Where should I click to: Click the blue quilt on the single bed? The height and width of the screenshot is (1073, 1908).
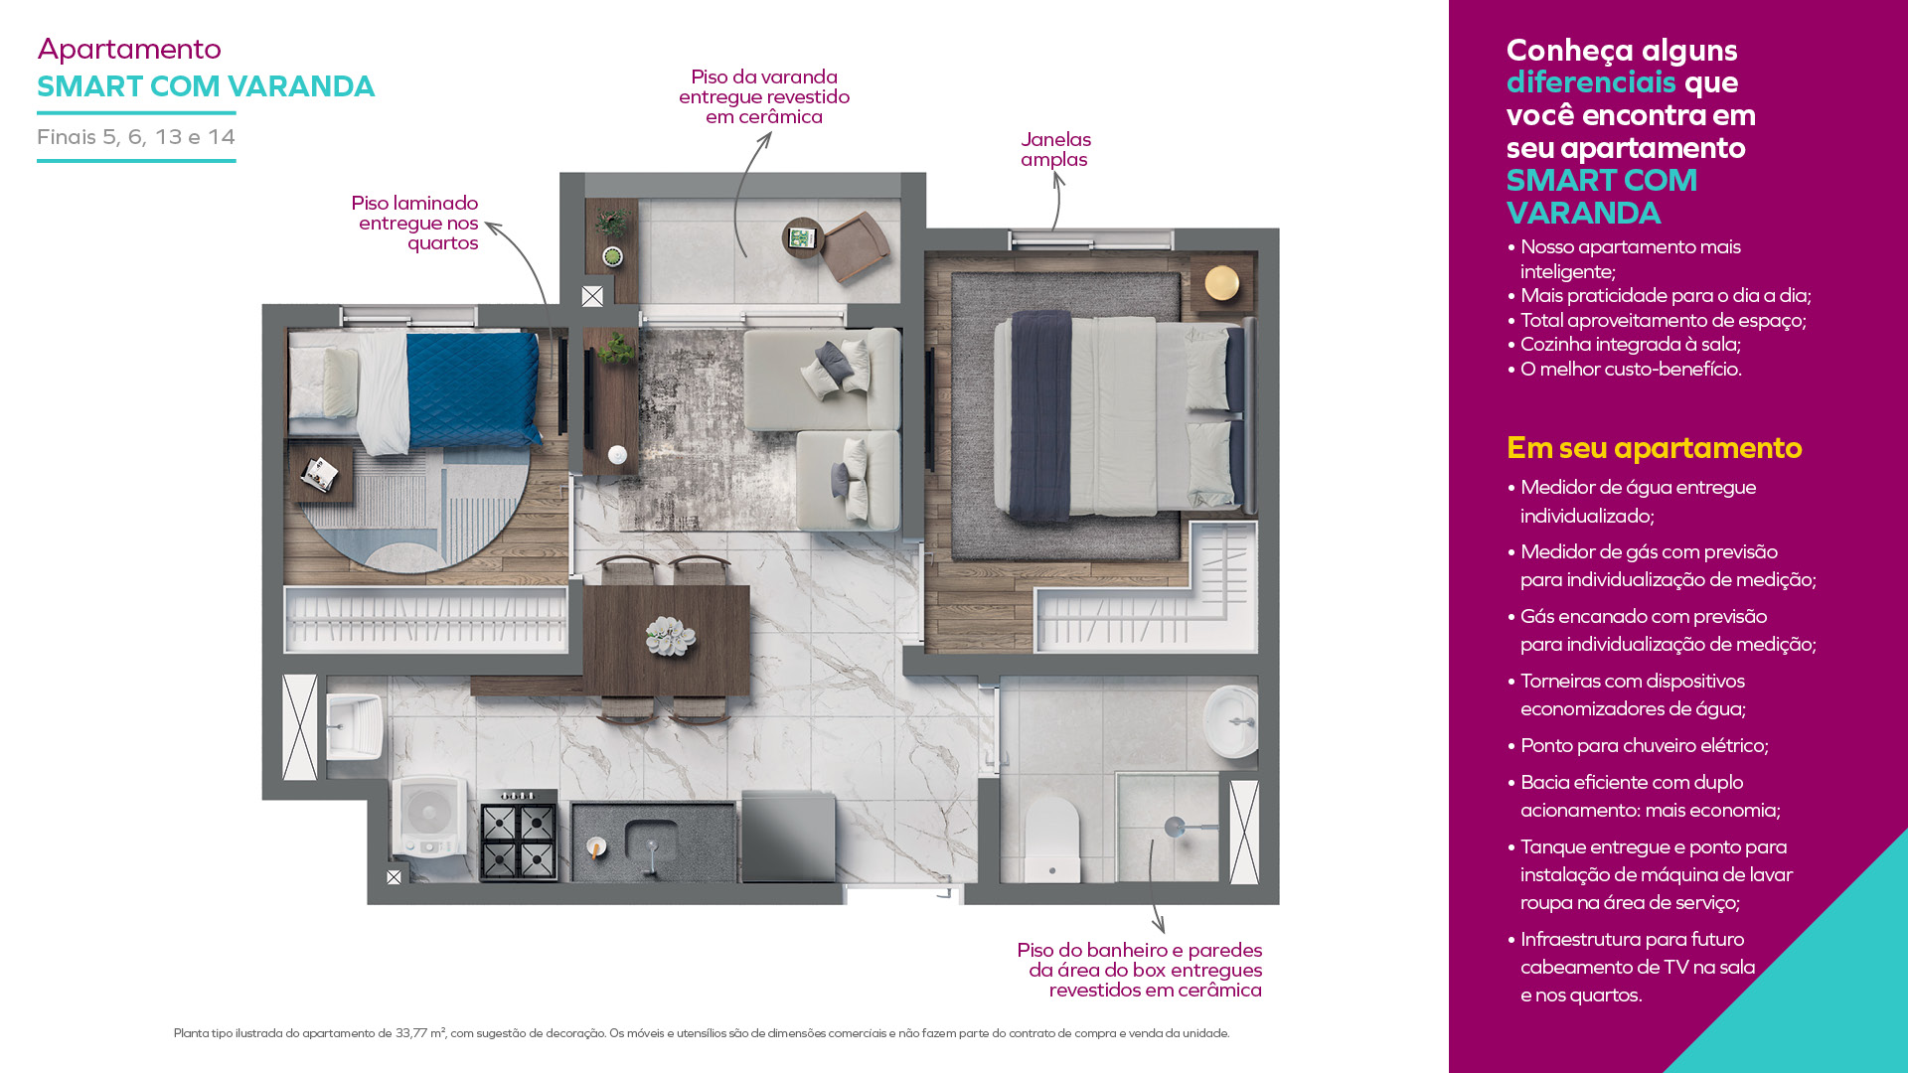473,389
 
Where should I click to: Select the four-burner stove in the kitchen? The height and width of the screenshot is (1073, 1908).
519,835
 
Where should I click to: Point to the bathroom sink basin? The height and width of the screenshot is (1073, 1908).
1231,720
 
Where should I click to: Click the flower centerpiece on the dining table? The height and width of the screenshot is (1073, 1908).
670,636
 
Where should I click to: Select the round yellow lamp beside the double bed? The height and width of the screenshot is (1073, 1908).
1221,282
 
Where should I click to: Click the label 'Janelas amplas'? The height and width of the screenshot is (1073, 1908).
1055,149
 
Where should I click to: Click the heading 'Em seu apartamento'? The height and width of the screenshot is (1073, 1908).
1654,448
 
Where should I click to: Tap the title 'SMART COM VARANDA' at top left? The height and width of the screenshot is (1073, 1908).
206,86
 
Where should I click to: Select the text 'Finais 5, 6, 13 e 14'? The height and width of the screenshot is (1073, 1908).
136,137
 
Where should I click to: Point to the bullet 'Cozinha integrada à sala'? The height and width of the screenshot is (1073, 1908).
1624,344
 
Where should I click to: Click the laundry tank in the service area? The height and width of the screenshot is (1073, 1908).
353,725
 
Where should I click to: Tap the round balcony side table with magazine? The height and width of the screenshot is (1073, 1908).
802,237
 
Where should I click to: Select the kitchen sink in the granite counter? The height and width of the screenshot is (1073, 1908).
651,843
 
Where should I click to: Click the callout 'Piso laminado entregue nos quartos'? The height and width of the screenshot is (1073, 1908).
415,223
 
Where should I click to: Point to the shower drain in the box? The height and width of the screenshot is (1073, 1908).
1175,826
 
